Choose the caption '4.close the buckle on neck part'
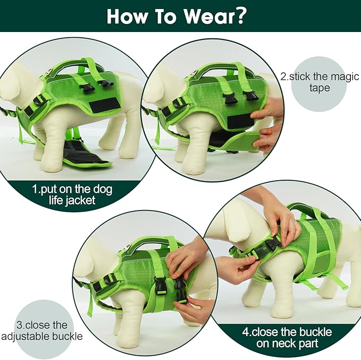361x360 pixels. tap(287, 338)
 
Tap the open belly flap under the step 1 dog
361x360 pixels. tap(85, 155)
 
